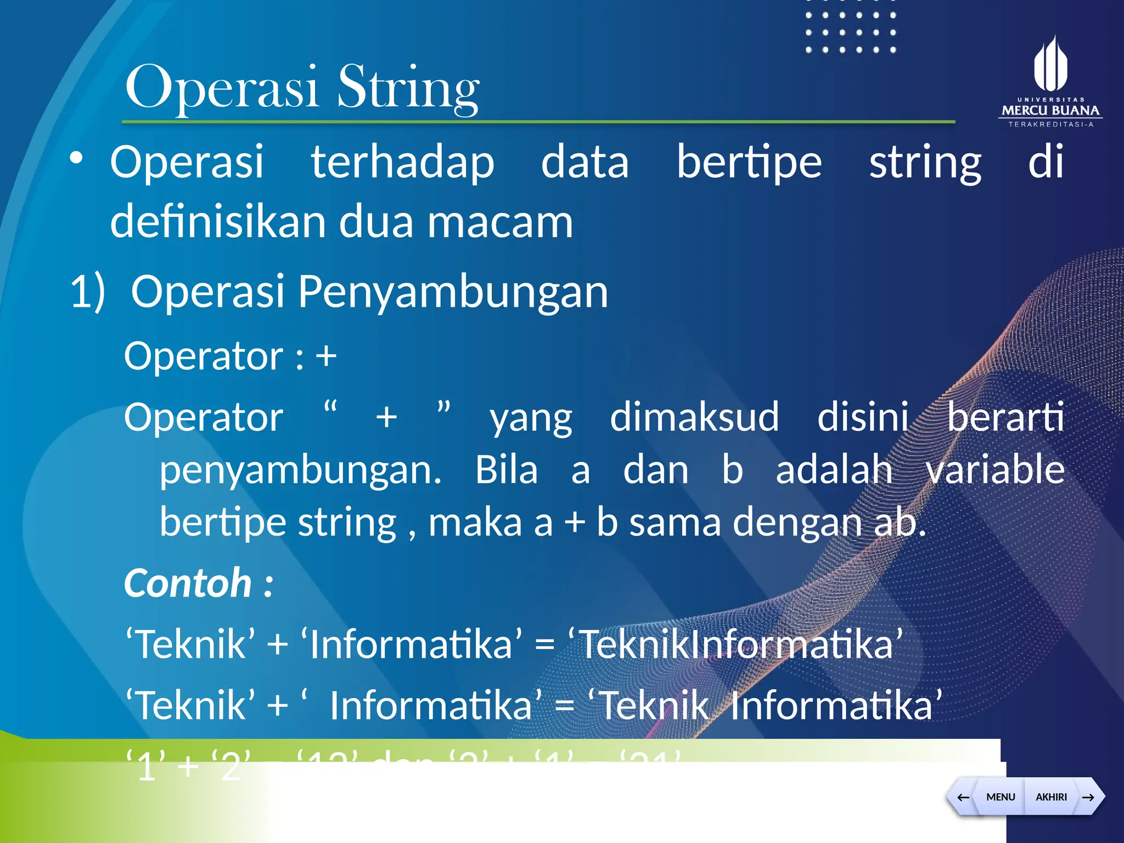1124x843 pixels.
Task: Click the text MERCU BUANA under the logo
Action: [x=1050, y=110]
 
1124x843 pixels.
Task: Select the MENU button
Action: [x=1000, y=797]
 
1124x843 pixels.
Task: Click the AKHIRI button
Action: [x=1050, y=797]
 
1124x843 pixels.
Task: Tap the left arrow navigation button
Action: [x=963, y=797]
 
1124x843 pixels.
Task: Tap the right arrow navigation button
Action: [x=1088, y=797]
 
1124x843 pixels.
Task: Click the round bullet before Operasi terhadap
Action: [x=76, y=159]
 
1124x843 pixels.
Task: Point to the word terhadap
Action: [x=402, y=162]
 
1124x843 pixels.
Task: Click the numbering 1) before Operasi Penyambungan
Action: [x=88, y=292]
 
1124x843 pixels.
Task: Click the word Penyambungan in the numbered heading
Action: [x=453, y=292]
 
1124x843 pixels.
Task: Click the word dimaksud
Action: [x=694, y=417]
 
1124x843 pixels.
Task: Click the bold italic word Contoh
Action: [x=188, y=583]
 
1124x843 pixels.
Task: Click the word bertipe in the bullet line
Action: [x=749, y=162]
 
